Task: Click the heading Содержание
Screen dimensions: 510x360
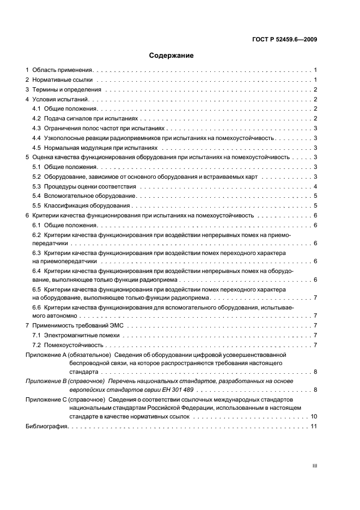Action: click(172, 55)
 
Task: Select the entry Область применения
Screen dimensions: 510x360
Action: click(63, 70)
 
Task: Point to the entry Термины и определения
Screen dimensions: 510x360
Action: click(66, 89)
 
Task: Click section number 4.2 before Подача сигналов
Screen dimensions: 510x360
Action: click(37, 118)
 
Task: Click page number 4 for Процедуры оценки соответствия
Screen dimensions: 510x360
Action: click(315, 187)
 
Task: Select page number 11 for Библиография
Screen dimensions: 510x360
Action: click(313, 426)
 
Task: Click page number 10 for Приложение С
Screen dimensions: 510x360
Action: click(313, 416)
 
